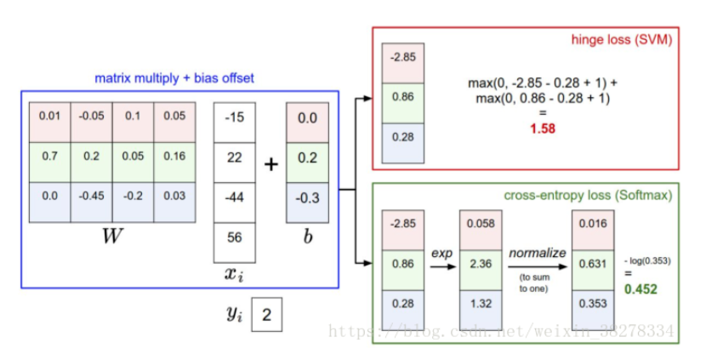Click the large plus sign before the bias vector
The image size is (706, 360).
pos(270,163)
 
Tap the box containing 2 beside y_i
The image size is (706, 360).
pos(267,315)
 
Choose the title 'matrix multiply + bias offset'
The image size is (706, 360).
pos(174,78)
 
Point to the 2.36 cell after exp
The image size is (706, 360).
pos(480,264)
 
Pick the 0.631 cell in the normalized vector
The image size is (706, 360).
pos(590,264)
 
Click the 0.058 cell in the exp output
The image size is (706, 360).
pos(480,223)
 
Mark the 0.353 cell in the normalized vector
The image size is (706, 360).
pos(590,305)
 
